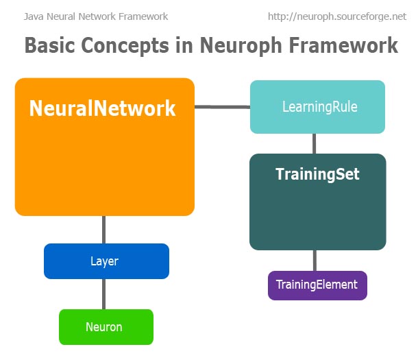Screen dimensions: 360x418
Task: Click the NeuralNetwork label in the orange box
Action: click(103, 108)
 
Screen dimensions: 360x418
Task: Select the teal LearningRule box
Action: click(317, 107)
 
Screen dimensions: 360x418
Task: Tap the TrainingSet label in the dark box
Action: click(317, 174)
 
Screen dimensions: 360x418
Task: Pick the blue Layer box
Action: click(106, 261)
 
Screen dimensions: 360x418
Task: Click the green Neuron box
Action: click(106, 327)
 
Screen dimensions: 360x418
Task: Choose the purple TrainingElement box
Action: click(317, 285)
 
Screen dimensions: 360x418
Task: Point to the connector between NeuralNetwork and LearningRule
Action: click(222, 106)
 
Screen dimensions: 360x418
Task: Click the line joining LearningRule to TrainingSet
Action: click(315, 143)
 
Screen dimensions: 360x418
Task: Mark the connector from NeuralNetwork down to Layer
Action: click(103, 229)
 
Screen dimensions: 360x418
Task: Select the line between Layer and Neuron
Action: click(103, 294)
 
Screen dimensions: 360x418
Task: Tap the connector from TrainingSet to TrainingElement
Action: click(315, 261)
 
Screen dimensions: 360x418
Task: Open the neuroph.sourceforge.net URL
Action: click(336, 16)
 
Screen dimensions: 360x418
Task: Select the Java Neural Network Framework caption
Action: click(95, 16)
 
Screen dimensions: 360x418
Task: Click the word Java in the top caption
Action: click(33, 16)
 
